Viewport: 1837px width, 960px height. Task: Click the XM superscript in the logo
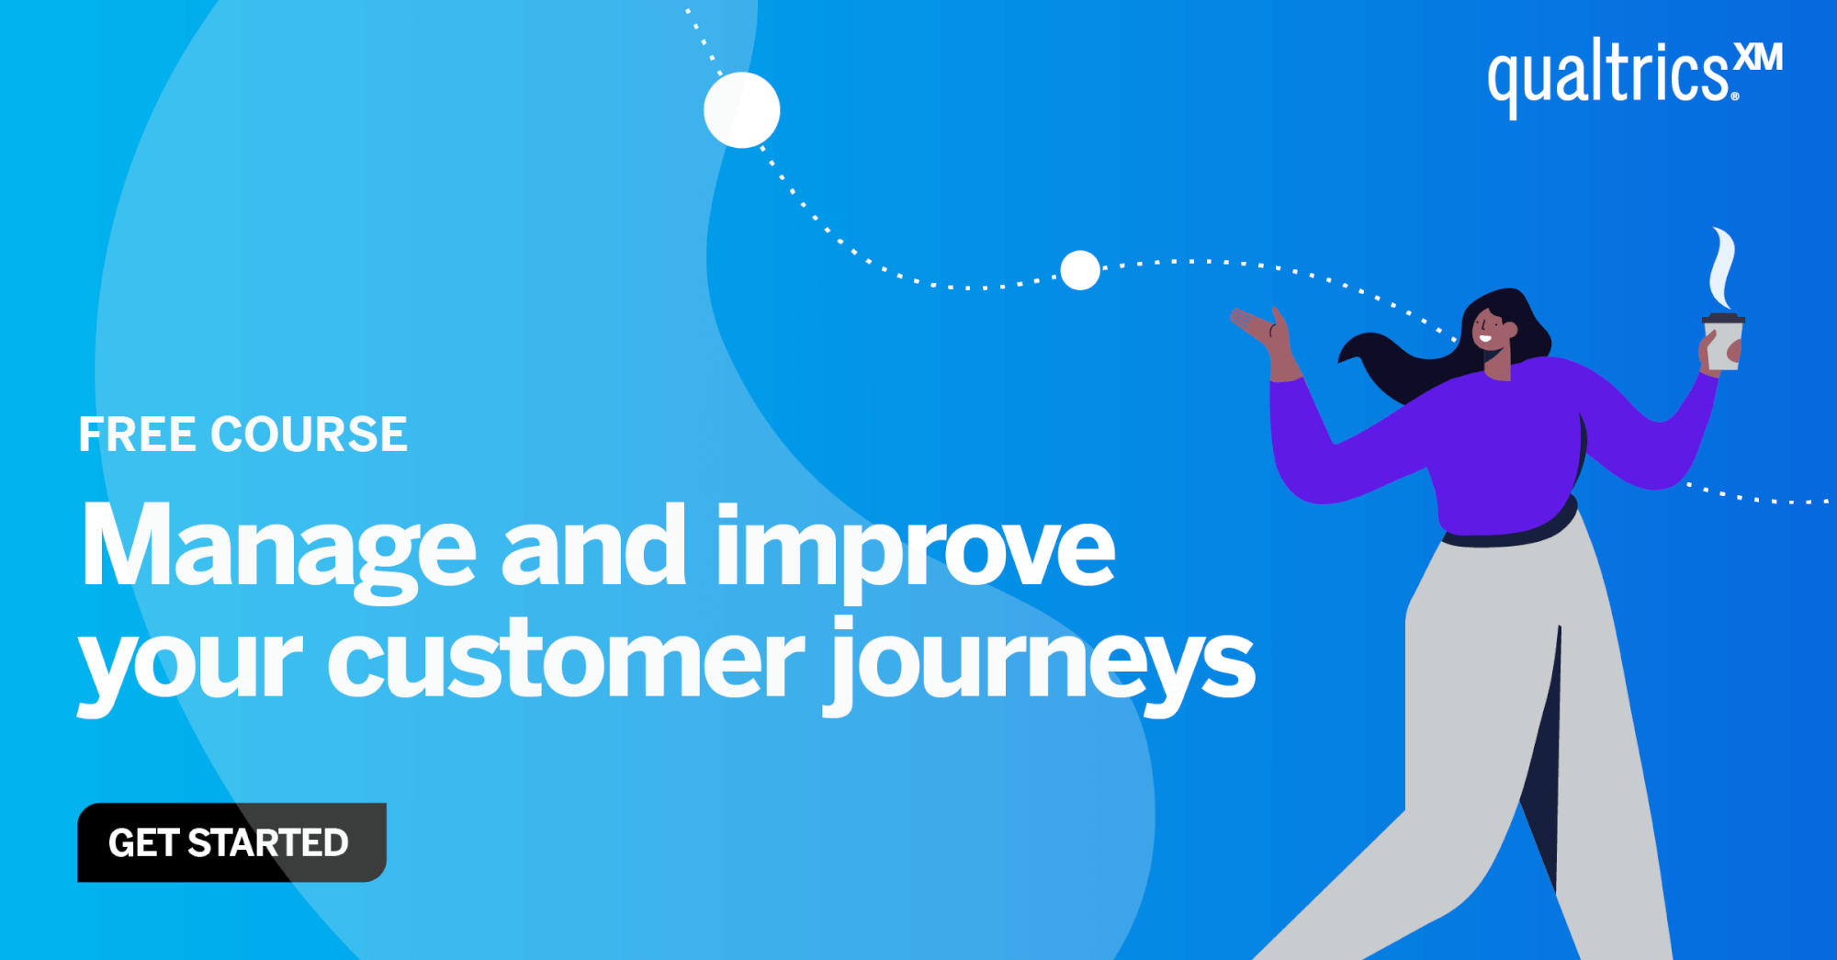click(x=1759, y=57)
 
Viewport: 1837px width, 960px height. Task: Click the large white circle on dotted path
click(x=742, y=110)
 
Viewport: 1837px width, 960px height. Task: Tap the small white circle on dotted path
click(x=1080, y=270)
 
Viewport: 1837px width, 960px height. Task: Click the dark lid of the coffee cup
click(x=1723, y=319)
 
